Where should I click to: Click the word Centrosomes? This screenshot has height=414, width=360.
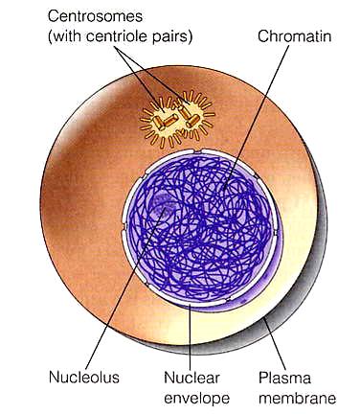pyautogui.click(x=95, y=16)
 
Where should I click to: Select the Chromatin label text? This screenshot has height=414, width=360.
pyautogui.click(x=294, y=36)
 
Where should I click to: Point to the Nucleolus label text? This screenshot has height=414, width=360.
pyautogui.click(x=84, y=377)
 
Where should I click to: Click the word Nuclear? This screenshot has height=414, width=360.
pyautogui.click(x=191, y=378)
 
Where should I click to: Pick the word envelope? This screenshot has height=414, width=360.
pyautogui.click(x=196, y=398)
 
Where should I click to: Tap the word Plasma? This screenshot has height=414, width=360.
pyautogui.click(x=284, y=378)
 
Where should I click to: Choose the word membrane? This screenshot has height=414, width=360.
pyautogui.click(x=297, y=398)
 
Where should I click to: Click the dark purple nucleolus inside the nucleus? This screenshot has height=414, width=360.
pyautogui.click(x=164, y=204)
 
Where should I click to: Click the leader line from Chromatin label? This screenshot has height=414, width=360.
pyautogui.click(x=257, y=117)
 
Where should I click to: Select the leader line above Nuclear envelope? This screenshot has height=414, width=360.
pyautogui.click(x=191, y=336)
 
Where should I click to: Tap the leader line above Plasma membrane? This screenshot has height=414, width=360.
pyautogui.click(x=275, y=344)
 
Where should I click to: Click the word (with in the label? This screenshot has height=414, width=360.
pyautogui.click(x=65, y=36)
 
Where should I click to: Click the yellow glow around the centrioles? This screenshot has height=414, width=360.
pyautogui.click(x=177, y=119)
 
